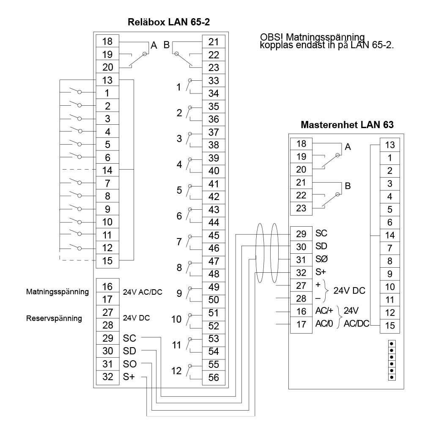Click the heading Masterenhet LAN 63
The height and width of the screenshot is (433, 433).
[347, 125]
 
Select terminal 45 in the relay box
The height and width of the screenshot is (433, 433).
[214, 236]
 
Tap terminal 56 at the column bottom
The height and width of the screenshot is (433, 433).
[214, 378]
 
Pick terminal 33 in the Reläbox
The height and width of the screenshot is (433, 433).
[214, 80]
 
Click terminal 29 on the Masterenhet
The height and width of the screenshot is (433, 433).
[301, 233]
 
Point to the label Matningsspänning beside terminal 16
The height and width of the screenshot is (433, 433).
[58, 291]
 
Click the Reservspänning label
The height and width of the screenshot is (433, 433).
[54, 318]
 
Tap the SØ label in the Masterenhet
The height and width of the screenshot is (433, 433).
[321, 259]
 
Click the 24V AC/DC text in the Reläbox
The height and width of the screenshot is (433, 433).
[143, 292]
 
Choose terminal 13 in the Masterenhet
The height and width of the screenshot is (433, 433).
[390, 145]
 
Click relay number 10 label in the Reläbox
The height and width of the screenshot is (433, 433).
[176, 319]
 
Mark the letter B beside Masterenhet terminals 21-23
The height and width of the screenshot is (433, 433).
[348, 186]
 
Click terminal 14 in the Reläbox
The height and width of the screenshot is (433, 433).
[107, 170]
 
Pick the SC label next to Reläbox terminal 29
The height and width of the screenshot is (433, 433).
[129, 338]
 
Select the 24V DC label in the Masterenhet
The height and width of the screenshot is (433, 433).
[349, 291]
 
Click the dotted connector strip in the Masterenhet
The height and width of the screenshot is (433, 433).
[392, 360]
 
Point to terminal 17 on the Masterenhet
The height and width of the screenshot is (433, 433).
[301, 325]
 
